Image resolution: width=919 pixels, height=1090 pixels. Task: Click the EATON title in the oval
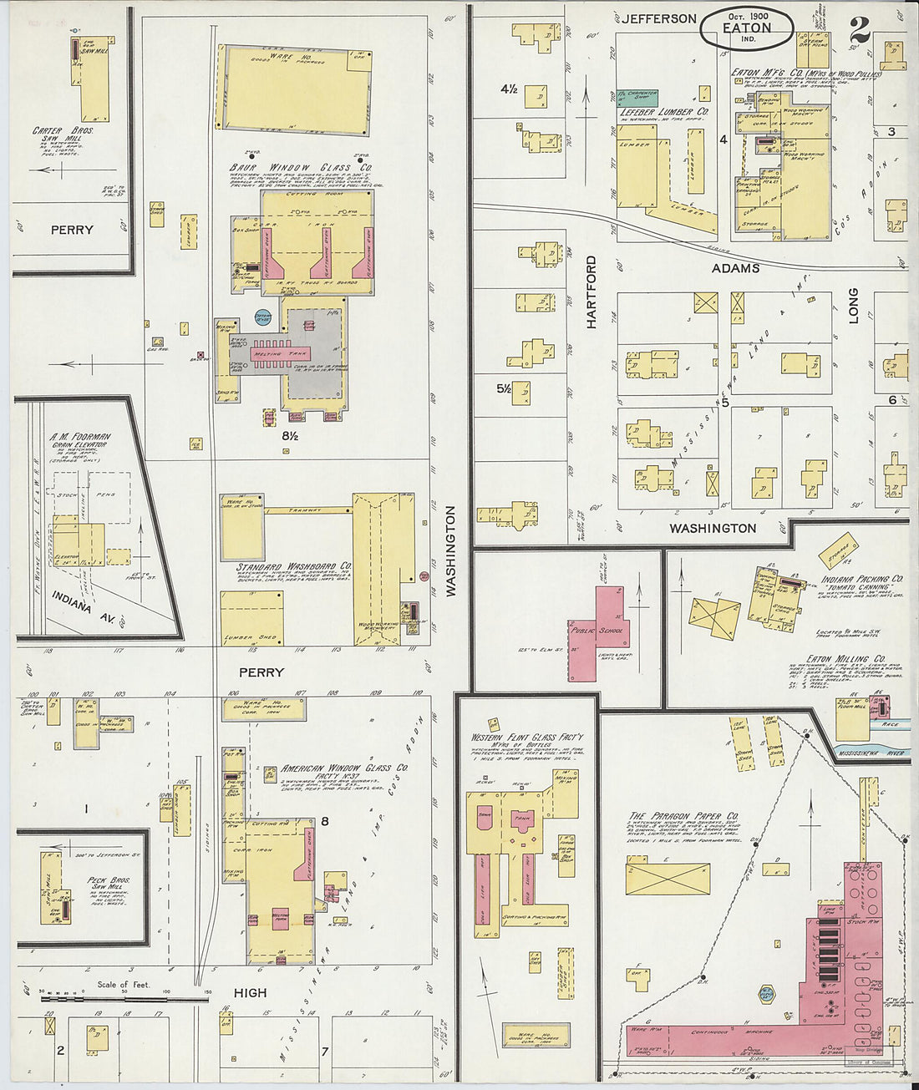coord(746,28)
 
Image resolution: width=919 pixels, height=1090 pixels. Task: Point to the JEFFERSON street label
coord(658,18)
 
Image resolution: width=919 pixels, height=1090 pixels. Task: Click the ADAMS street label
coord(735,268)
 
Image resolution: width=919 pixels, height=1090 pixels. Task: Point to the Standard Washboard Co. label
coord(293,566)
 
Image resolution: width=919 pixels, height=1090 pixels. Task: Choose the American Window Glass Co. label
coord(344,768)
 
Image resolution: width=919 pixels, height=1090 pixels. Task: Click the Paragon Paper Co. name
coord(683,816)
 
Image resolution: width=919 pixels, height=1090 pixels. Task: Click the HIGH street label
coord(250,992)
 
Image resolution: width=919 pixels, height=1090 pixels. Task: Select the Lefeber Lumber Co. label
coord(664,111)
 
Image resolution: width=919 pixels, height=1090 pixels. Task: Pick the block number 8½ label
coord(290,435)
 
